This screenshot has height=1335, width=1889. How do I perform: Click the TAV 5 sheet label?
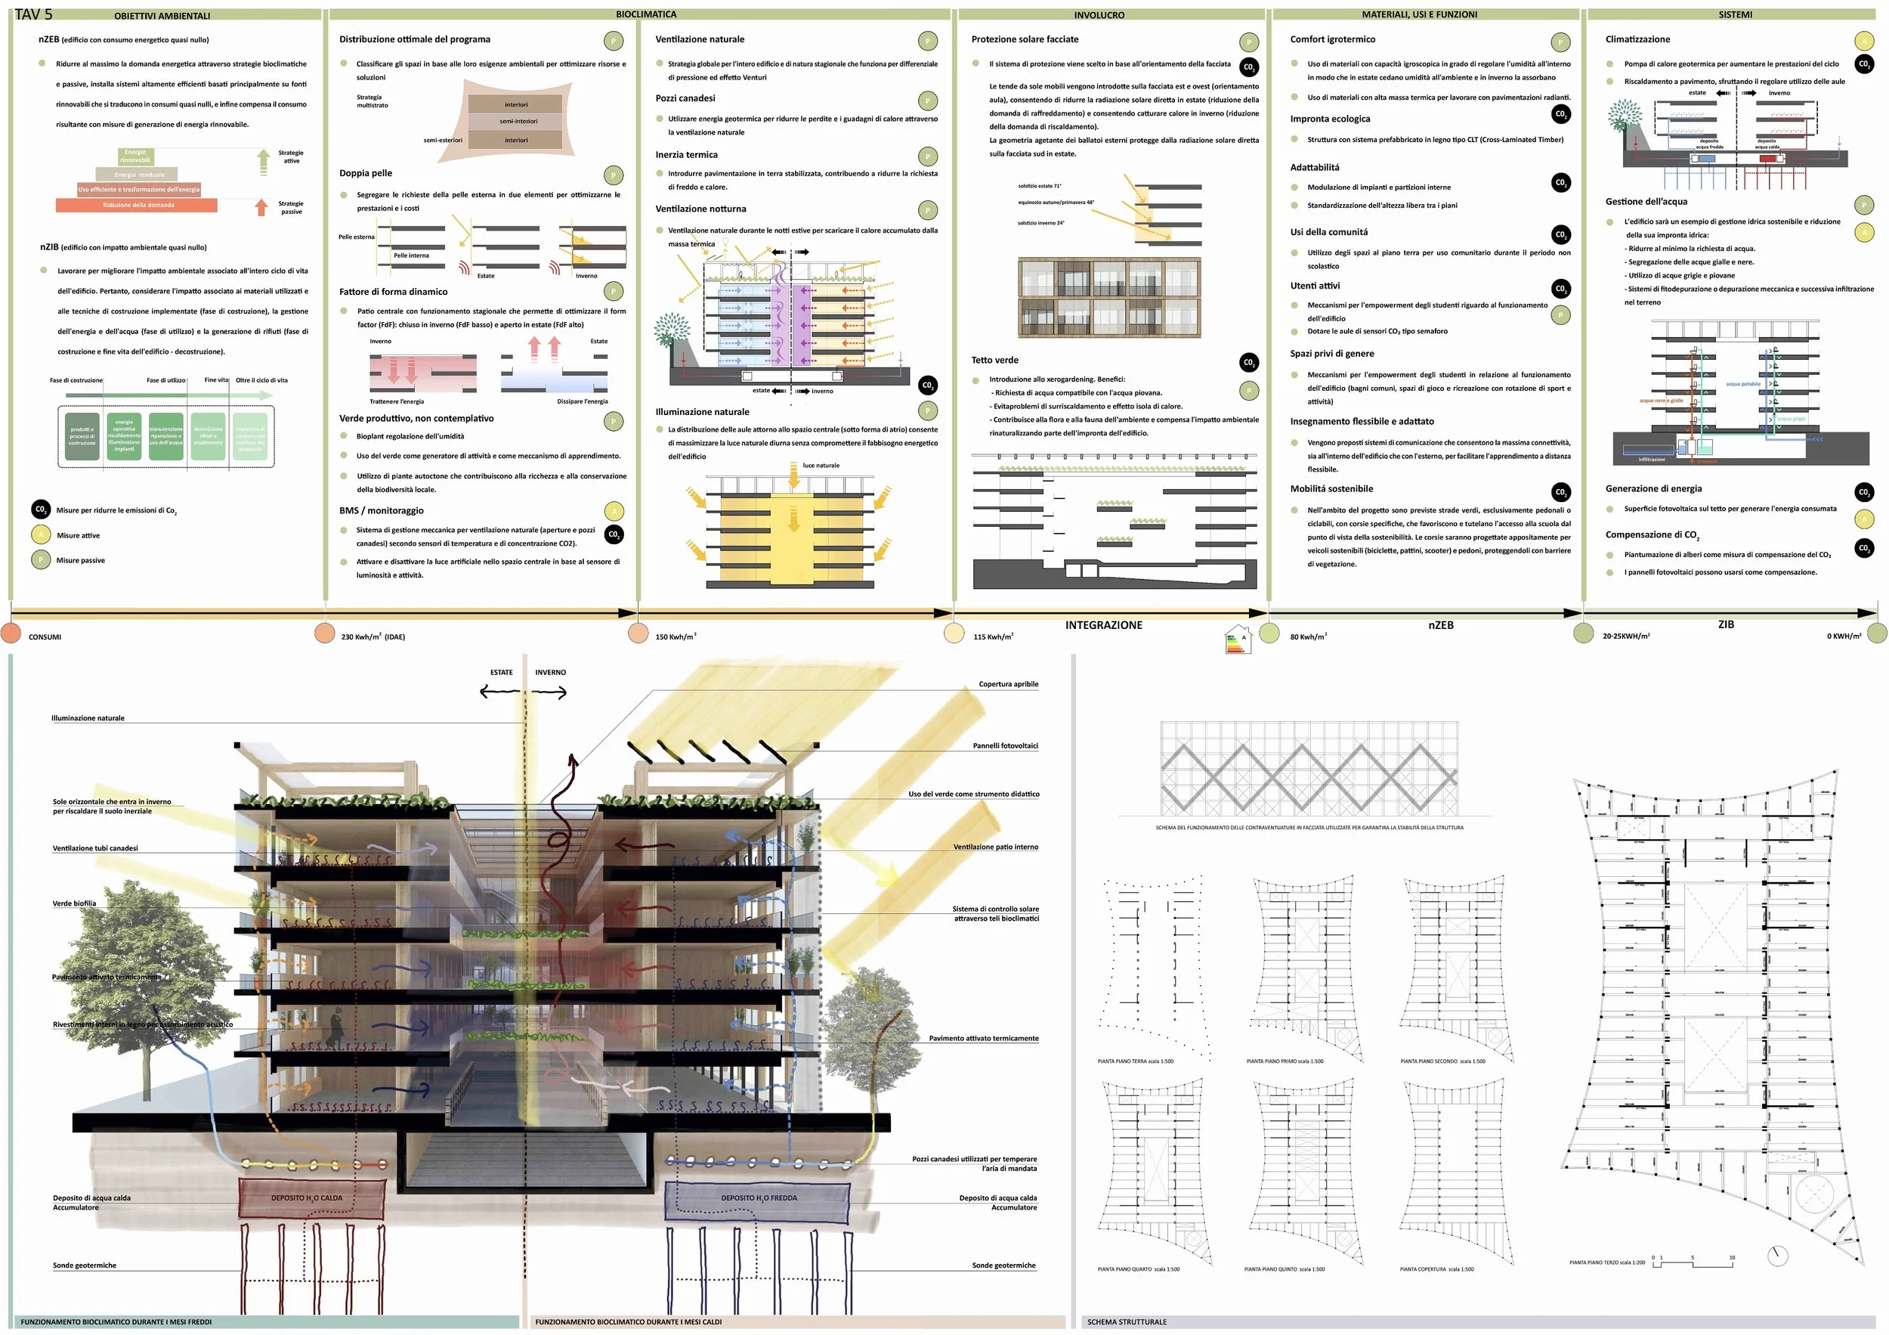pos(34,14)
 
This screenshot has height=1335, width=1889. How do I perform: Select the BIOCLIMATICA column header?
pos(646,14)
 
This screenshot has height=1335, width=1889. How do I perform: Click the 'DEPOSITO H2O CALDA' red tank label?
pos(307,1197)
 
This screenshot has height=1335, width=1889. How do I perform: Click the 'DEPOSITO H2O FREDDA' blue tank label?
pos(759,1197)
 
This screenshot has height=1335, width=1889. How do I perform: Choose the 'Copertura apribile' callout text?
pos(1008,684)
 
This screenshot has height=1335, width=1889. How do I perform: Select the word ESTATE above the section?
pos(501,673)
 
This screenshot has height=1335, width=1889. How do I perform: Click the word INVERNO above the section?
pos(550,673)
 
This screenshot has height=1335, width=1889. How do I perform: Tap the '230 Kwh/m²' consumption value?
pos(373,637)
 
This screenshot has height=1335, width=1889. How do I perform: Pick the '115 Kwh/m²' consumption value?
pos(993,637)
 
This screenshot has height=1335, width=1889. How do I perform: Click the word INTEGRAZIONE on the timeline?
pos(1103,625)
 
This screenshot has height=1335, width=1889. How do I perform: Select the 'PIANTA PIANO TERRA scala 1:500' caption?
pos(1136,1061)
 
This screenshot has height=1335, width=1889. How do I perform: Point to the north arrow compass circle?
pos(1777,1256)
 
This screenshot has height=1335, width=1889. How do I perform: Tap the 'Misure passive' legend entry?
pos(81,560)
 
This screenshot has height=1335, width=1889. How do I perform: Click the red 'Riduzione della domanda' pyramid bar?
pos(138,205)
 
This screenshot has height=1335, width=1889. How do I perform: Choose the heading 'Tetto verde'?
pos(994,360)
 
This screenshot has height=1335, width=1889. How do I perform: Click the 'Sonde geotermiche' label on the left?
pos(84,1265)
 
